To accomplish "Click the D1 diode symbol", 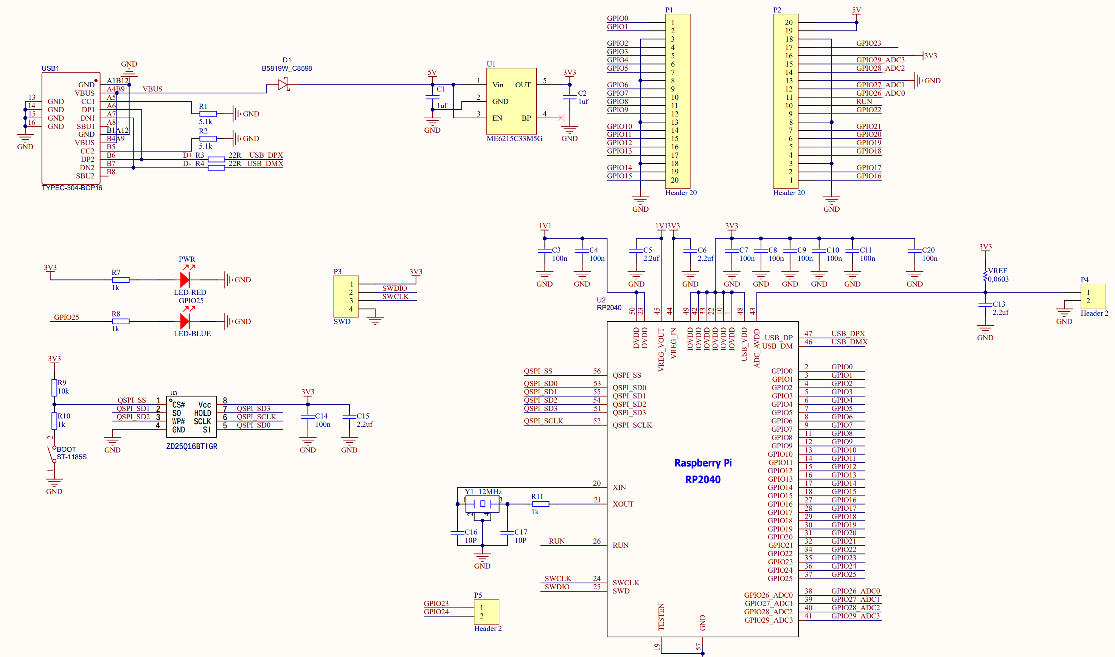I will point(283,84).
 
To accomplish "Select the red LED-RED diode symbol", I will point(185,279).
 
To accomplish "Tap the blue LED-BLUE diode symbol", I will point(185,321).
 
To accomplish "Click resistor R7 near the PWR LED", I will point(120,279).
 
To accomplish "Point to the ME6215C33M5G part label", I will point(514,139).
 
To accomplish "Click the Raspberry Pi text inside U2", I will point(702,463).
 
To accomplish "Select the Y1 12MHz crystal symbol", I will point(482,504).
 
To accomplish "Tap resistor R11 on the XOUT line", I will point(540,504).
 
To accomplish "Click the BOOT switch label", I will point(67,449).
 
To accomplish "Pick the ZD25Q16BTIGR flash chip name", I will point(191,446).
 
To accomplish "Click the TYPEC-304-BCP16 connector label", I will point(72,188).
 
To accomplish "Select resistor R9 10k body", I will point(54,387).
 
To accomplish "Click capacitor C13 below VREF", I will point(985,305).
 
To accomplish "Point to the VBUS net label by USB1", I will point(152,89).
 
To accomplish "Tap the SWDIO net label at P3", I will point(394,288).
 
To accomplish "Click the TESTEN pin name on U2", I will point(661,616).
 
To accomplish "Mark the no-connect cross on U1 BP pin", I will point(561,118).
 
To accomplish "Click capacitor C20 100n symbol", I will point(915,251).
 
